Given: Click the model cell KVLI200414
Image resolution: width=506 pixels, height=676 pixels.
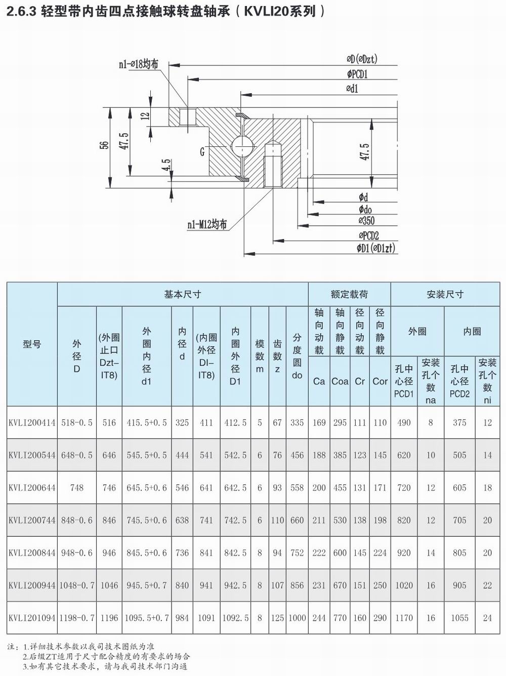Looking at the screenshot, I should coord(32,422).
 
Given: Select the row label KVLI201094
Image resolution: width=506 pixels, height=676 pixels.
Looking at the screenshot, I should coord(32,618).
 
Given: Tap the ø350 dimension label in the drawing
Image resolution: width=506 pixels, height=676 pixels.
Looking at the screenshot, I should coord(367,221).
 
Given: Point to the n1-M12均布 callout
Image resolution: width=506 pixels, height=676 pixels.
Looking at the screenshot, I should coord(206,224).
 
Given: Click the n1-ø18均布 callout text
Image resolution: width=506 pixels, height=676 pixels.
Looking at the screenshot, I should coord(138,64).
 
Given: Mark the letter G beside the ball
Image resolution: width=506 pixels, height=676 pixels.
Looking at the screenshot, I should coord(202,151).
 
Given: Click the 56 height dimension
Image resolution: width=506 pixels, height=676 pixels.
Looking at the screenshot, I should coord(104,145).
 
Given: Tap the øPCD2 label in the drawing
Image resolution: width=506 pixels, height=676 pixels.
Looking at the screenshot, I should coord(369,235).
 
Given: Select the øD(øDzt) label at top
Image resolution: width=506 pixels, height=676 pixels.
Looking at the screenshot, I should coord(362,59).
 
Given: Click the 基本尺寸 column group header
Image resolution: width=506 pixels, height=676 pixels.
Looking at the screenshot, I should coord(183,294).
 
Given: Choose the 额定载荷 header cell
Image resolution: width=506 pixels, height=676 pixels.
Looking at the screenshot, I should coord(349,294).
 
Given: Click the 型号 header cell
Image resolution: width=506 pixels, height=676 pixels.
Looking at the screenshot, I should coord(32,344).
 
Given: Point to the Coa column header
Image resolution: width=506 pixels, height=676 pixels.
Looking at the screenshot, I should coord(340,381).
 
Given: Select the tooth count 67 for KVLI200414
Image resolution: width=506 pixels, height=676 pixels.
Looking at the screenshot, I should coord(277,422).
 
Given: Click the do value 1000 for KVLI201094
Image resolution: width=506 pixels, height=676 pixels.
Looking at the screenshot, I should coord(297,618).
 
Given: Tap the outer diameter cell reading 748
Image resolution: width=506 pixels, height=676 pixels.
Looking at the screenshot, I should coord(77,488).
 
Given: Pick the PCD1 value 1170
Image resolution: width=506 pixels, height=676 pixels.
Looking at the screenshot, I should coord(404,618).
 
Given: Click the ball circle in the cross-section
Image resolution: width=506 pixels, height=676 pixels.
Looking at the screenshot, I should coord(242,147).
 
